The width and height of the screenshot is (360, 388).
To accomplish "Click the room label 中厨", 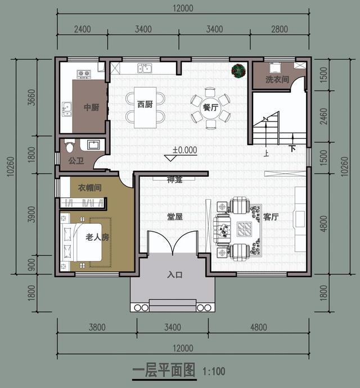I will [x=92, y=107].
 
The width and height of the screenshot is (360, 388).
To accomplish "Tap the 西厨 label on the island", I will [x=145, y=104].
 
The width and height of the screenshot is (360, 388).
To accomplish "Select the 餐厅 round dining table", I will [x=210, y=108].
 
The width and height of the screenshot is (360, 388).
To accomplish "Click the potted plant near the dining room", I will [x=238, y=71].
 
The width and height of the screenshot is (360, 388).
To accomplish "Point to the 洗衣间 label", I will [x=277, y=80].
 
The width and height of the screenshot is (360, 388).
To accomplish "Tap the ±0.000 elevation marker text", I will [x=184, y=150].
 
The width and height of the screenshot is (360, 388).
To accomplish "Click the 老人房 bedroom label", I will [x=97, y=237].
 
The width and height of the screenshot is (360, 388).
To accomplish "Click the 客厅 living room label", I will [x=271, y=217].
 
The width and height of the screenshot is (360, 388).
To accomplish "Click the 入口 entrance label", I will [x=175, y=275].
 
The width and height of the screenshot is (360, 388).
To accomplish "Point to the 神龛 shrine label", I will [x=175, y=180].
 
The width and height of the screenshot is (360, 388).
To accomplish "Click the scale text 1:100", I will [x=213, y=371].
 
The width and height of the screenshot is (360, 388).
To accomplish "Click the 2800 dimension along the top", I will [x=279, y=29].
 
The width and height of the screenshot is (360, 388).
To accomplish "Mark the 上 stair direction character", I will [x=265, y=152].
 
